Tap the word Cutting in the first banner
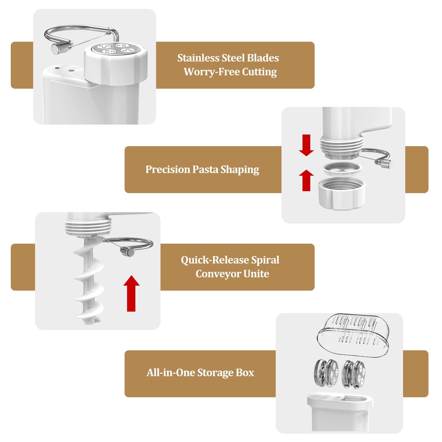tap(259, 72)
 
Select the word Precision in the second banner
tap(167, 169)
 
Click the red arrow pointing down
tap(306, 145)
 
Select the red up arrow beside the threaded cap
tap(306, 180)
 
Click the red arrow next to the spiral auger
tap(131, 293)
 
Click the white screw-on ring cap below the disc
tap(342, 194)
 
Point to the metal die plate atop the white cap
tap(115, 49)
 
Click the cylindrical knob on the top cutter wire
tap(57, 49)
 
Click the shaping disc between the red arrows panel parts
tap(342, 169)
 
